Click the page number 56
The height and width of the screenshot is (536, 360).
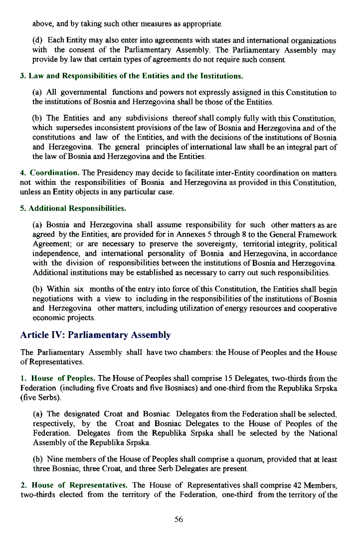point(179,520)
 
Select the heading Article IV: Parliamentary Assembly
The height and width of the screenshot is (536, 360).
point(95,335)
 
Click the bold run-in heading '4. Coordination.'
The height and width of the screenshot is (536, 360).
point(49,173)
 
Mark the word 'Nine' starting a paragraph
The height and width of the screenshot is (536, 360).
point(55,459)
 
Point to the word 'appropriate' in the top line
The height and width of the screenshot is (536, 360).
point(196,23)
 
